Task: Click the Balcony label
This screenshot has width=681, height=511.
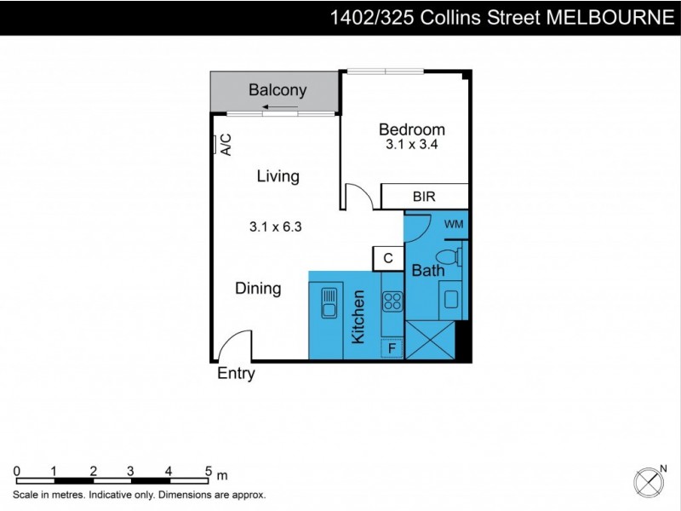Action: point(278,90)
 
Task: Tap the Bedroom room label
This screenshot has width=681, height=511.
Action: point(412,129)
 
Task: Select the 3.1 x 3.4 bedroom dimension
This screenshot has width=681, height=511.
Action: point(412,145)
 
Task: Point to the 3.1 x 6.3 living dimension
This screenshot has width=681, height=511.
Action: point(276,227)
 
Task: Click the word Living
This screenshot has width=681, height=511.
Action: point(278,176)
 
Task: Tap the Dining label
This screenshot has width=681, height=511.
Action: point(258,289)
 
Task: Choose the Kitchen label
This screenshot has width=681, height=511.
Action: point(358,317)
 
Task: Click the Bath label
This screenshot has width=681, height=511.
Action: point(428,271)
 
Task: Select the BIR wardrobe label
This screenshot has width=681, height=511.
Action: point(424,197)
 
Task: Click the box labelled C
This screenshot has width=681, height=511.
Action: point(387,258)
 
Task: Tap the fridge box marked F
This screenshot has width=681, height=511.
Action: point(392,347)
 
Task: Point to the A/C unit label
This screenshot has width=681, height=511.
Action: point(226,146)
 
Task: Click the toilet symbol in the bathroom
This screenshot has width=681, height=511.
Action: point(447,256)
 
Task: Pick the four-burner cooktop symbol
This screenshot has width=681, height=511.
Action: point(392,301)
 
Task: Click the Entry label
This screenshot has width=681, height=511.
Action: point(236,373)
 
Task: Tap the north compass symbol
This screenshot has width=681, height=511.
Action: point(650,482)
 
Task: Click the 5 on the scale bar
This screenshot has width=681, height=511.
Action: point(209,470)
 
